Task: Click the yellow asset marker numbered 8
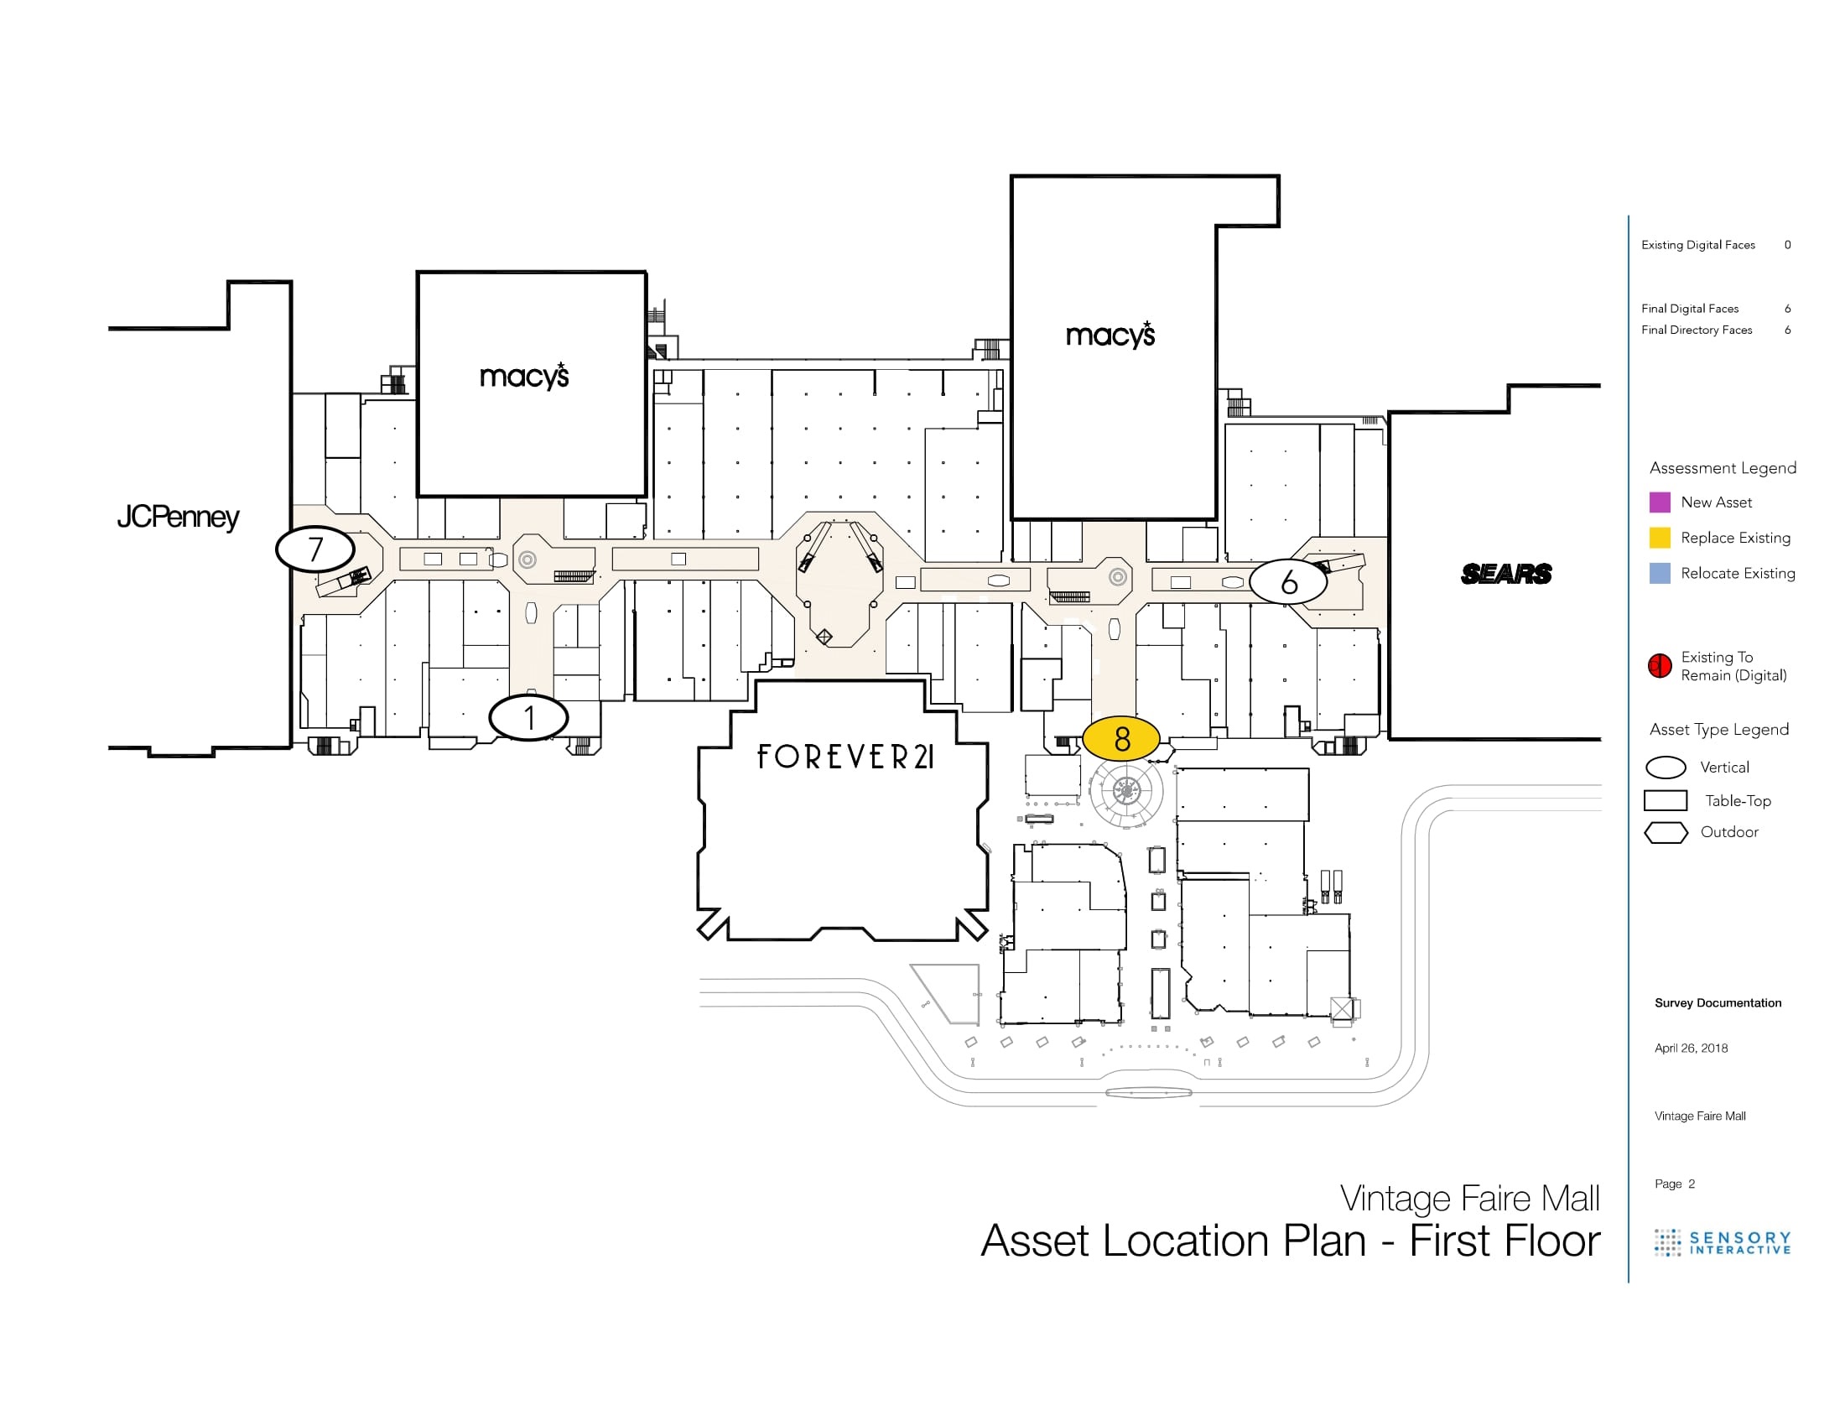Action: (x=1121, y=738)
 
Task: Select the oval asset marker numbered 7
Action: (x=315, y=549)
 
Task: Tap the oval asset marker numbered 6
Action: (x=1288, y=581)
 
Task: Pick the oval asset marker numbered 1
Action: (x=529, y=718)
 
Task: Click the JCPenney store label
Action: (x=179, y=517)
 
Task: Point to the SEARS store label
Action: (x=1506, y=574)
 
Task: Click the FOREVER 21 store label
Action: (x=845, y=756)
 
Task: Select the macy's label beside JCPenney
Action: (x=524, y=375)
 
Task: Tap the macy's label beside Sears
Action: (x=1110, y=335)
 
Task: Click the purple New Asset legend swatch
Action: (x=1659, y=502)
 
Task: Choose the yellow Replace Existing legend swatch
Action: (x=1659, y=538)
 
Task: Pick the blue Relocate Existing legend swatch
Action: (x=1659, y=574)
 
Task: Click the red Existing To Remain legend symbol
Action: (x=1659, y=666)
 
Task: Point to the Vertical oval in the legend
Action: (x=1665, y=767)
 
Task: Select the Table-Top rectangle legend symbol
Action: (x=1665, y=800)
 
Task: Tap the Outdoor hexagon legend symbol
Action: (x=1665, y=832)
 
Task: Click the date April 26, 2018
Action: (x=1691, y=1049)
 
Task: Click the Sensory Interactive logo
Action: (x=1723, y=1241)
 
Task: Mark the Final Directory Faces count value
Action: (x=1788, y=330)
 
